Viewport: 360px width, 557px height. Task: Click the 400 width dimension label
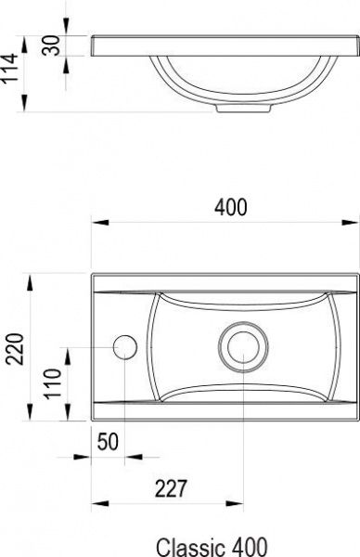click(230, 207)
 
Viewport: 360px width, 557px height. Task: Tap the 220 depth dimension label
click(16, 349)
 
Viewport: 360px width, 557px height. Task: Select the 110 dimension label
click(52, 383)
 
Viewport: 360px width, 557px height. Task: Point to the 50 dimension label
click(108, 442)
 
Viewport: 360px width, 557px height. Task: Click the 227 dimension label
click(171, 488)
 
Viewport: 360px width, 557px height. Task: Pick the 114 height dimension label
click(8, 68)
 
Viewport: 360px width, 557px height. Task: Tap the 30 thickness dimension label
click(51, 45)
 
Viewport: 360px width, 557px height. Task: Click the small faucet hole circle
click(125, 347)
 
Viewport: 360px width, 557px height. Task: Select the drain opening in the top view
click(243, 346)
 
